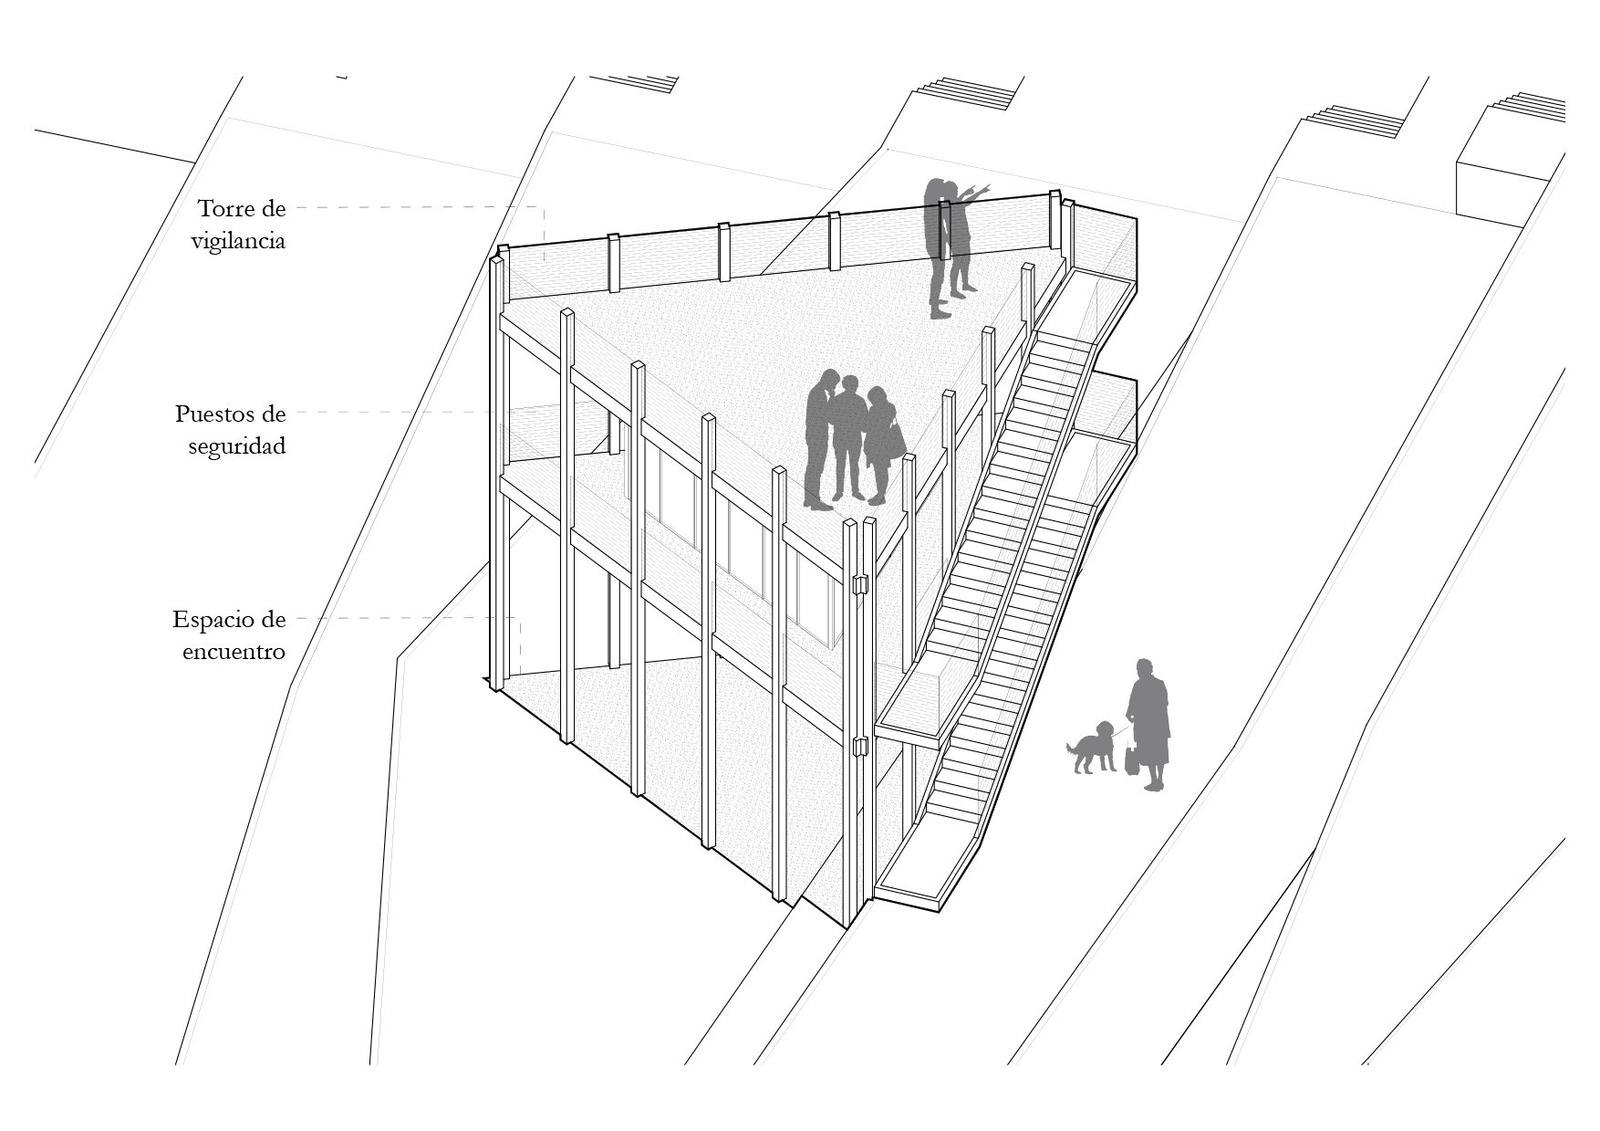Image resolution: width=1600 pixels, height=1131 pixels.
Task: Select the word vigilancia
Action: (239, 241)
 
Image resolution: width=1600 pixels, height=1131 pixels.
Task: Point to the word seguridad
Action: (237, 446)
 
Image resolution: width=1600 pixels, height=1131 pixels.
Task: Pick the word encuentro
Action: (234, 652)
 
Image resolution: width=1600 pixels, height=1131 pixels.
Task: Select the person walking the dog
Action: (1149, 724)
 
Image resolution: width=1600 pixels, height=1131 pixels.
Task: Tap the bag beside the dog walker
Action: (1132, 759)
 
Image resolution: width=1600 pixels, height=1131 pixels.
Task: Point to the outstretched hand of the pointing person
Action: (984, 187)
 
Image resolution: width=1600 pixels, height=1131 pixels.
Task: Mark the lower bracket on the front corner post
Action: (857, 746)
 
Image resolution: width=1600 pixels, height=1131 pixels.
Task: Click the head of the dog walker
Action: (1144, 667)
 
